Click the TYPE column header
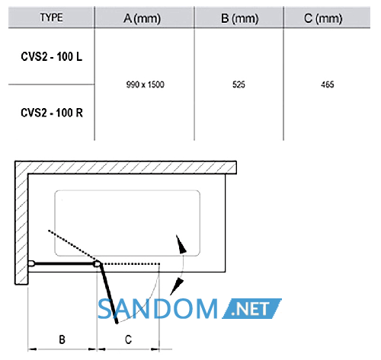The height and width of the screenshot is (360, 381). coord(51,18)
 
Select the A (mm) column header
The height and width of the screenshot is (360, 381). coord(142,18)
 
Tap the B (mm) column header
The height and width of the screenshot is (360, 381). coord(239,18)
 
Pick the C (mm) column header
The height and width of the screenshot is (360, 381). coord(323,18)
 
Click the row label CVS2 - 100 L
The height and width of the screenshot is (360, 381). coord(52,56)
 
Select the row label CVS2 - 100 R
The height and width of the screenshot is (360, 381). coord(52,113)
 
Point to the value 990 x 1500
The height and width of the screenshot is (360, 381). coord(145,84)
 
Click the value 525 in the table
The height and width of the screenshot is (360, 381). coord(239,84)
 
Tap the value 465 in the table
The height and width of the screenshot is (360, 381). coord(328,84)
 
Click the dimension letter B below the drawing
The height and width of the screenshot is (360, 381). coord(62,339)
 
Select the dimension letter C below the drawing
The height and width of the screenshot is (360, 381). coord(128,339)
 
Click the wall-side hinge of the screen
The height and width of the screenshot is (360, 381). coord(31,263)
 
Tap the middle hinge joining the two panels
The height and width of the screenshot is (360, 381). coord(97,264)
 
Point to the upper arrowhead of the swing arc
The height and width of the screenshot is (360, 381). coord(181,245)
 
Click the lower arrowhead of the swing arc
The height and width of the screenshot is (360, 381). coord(177,286)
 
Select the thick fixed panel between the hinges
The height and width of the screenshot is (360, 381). coord(64,264)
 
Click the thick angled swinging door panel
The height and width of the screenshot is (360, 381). coord(109,294)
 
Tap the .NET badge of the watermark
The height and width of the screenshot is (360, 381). coord(251,308)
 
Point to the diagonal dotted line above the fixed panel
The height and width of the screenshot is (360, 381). coord(72,245)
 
